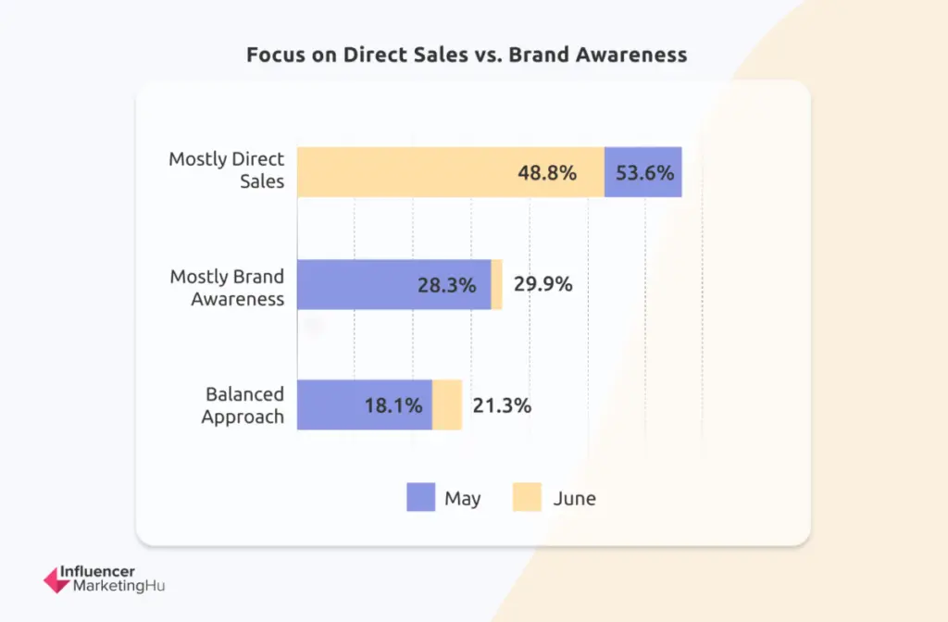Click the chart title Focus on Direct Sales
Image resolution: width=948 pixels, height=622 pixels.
click(x=467, y=55)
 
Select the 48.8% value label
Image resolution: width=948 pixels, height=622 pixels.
click(x=546, y=172)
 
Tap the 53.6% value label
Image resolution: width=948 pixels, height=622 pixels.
click(x=644, y=172)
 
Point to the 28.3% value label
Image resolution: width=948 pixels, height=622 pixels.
click(x=446, y=284)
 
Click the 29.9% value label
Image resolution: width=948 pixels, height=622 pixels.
click(x=543, y=284)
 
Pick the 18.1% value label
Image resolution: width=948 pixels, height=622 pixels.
click(x=393, y=404)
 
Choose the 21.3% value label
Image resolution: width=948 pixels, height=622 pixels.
click(x=502, y=404)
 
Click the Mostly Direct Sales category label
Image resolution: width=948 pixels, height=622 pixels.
click(x=226, y=170)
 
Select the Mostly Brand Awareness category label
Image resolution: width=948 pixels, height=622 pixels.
click(x=227, y=287)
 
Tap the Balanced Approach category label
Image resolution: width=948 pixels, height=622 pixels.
click(x=243, y=405)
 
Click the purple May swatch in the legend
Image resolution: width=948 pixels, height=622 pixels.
click(x=420, y=498)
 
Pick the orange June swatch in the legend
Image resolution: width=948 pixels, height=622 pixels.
click(x=527, y=498)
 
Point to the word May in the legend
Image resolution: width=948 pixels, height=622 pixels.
click(x=463, y=499)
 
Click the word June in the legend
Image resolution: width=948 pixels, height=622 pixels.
click(x=575, y=499)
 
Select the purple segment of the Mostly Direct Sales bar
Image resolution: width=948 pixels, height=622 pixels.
click(x=642, y=172)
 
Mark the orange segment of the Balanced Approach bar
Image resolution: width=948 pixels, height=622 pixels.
click(x=447, y=404)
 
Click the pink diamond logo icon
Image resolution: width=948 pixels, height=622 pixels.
click(x=56, y=579)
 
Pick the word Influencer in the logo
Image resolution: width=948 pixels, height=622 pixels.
click(x=97, y=572)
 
